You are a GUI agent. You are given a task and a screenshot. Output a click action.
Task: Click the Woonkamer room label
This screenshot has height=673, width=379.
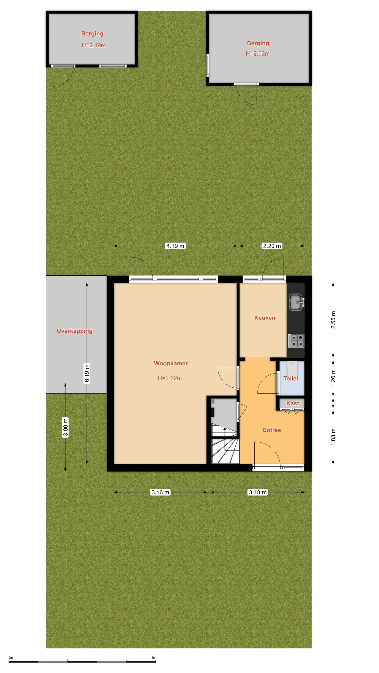[171, 363]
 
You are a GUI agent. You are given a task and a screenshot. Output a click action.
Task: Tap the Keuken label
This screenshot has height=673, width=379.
[265, 318]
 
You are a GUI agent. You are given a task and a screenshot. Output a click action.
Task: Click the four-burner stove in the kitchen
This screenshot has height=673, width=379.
[296, 341]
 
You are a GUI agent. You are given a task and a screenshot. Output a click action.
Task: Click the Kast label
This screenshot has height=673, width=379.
[293, 403]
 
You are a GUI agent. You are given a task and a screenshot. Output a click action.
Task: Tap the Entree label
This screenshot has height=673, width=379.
[272, 430]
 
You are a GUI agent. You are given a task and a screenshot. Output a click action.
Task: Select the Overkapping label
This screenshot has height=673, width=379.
[75, 331]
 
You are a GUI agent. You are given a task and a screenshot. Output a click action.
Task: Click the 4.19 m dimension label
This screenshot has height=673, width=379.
[175, 246]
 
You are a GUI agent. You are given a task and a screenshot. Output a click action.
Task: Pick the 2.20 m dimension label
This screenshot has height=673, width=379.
[272, 246]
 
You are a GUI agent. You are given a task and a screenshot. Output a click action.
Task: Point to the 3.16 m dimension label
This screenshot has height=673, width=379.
[160, 492]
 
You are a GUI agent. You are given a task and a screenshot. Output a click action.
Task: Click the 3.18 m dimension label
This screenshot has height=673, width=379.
[258, 492]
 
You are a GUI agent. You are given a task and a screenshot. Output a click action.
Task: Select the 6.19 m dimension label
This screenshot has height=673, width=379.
[87, 373]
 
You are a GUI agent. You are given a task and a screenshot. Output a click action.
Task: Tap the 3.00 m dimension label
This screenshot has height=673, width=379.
[65, 427]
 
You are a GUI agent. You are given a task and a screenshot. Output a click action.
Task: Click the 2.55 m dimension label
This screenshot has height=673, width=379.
[333, 320]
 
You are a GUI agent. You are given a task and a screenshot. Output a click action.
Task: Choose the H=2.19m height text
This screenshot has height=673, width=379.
[94, 45]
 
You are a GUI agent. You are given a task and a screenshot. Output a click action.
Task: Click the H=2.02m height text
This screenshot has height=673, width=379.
[258, 53]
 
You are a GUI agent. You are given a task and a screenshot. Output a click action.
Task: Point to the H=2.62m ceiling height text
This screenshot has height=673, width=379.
[170, 378]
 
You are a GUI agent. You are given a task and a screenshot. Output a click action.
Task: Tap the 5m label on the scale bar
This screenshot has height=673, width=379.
[153, 658]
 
